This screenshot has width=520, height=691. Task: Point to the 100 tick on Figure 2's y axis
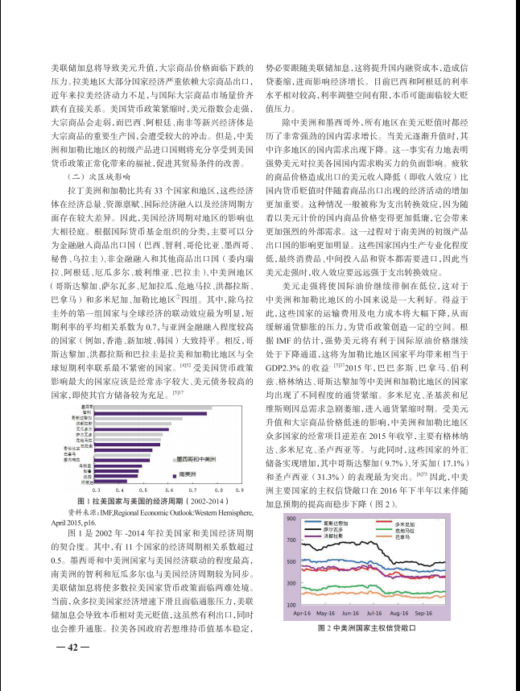pyautogui.click(x=292, y=604)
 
